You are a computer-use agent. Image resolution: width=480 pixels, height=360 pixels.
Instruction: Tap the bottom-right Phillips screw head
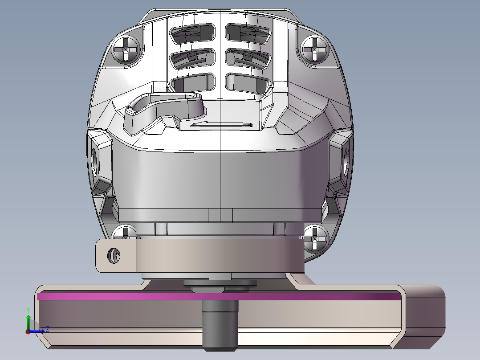(316, 239)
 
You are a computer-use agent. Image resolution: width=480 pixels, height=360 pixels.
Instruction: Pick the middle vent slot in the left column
(192, 58)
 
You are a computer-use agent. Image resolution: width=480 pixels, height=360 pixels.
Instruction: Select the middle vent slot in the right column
(248, 58)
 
